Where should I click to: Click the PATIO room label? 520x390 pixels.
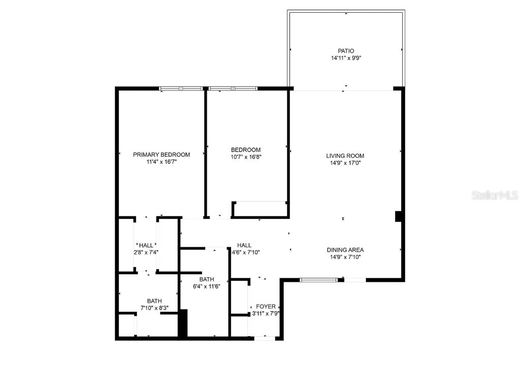346,51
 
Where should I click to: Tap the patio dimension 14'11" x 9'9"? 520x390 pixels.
346,58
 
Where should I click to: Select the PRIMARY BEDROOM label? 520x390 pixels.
161,154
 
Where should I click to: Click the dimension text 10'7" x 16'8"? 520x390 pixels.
246,157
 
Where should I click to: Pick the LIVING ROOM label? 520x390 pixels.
345,156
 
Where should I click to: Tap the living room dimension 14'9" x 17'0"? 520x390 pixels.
345,164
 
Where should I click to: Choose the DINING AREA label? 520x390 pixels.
345,250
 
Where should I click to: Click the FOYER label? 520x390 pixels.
266,307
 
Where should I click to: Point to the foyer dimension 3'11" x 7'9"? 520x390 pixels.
266,314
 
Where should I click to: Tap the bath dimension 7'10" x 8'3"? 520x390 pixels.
154,308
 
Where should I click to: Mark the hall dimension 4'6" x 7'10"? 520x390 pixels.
246,252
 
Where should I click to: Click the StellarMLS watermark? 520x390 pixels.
494,195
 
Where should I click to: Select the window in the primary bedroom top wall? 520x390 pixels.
181,88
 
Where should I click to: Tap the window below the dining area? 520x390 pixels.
319,280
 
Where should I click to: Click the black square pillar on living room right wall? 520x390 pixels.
399,216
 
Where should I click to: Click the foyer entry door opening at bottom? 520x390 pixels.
265,338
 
